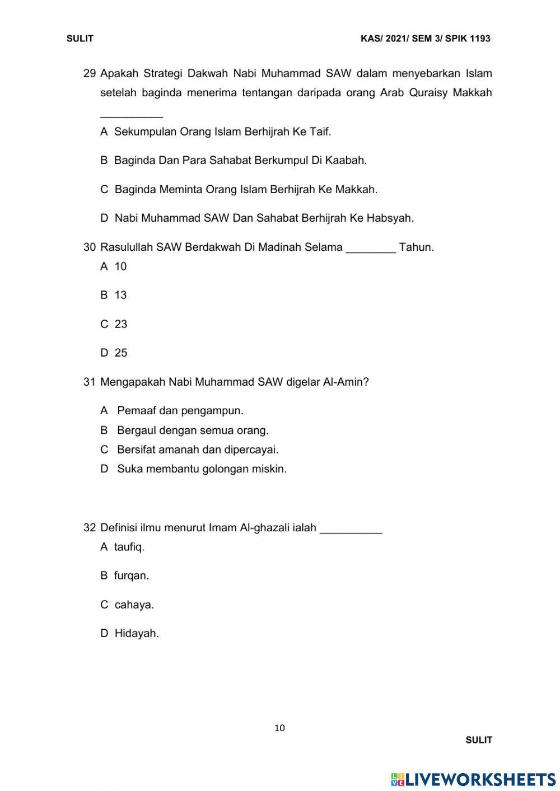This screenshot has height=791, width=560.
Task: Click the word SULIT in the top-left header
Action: (x=80, y=39)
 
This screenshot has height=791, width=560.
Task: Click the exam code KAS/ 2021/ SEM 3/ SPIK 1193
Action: (x=426, y=39)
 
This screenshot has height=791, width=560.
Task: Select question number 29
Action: (x=90, y=73)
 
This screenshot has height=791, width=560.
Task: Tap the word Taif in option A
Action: (x=320, y=132)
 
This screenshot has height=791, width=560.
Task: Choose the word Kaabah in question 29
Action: (x=346, y=160)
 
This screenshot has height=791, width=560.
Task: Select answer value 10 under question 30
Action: (x=120, y=266)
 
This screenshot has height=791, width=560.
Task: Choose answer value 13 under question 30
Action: (x=120, y=295)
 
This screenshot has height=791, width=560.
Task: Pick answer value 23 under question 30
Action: (x=120, y=324)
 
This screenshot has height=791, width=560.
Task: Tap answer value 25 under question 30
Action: (x=120, y=353)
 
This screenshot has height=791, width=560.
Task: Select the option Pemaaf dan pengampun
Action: (x=180, y=410)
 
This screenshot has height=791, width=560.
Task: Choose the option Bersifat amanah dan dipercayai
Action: (x=197, y=450)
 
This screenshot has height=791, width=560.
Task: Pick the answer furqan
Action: (x=131, y=575)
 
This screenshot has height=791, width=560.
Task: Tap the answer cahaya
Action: (x=134, y=605)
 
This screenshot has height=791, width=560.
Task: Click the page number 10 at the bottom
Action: (x=280, y=728)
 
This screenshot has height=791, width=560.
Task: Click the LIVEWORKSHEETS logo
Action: (x=473, y=779)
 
